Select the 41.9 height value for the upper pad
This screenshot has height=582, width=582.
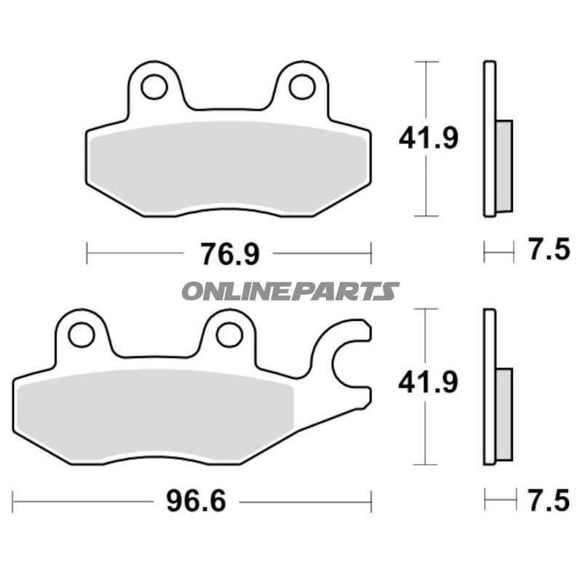428,137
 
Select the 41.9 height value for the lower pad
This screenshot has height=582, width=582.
428,383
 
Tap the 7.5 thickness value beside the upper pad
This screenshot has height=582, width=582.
549,252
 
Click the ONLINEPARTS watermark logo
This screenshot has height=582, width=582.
290,291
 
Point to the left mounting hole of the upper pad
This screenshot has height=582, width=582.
154,87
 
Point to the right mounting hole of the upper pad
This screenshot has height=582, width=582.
302,87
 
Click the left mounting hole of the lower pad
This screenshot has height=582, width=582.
81,335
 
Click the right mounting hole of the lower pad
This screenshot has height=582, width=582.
229,335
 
